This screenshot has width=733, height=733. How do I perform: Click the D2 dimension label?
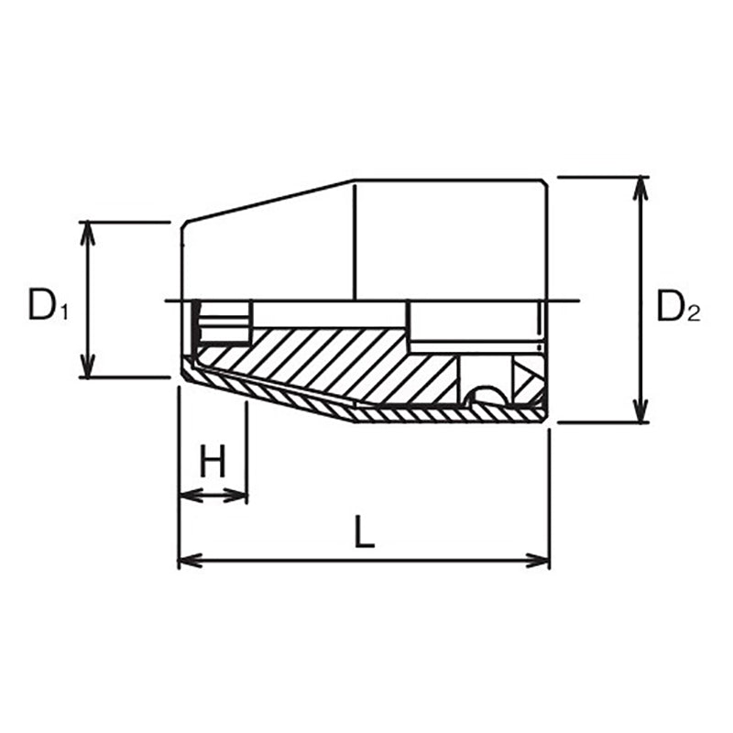click(x=678, y=307)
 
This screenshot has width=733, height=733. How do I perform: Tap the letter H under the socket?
click(x=213, y=464)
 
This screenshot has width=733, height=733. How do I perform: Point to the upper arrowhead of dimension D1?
click(x=88, y=229)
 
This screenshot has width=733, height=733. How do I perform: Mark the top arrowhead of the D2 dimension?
click(x=641, y=185)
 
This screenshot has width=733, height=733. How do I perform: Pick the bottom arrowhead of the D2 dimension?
click(x=641, y=414)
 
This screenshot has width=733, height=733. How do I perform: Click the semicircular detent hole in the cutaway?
click(x=486, y=397)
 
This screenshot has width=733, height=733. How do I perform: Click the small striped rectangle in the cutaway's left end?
click(x=224, y=323)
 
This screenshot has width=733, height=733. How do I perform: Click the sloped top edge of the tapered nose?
click(x=266, y=201)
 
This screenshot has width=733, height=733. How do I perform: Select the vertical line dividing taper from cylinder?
click(x=353, y=238)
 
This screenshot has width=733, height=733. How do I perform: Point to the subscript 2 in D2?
click(x=694, y=315)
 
